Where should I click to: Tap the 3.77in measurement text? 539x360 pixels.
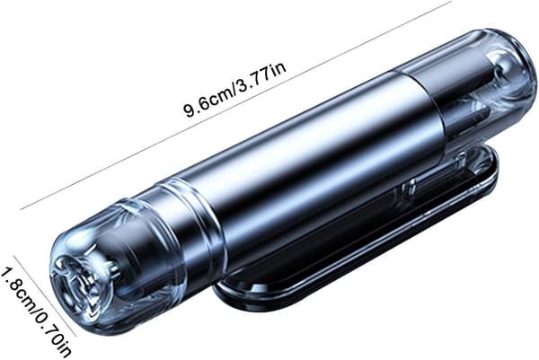pyautogui.click(x=261, y=81)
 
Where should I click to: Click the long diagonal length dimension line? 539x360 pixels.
pyautogui.click(x=235, y=105)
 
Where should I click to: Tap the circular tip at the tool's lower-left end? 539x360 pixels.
pyautogui.click(x=69, y=286)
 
